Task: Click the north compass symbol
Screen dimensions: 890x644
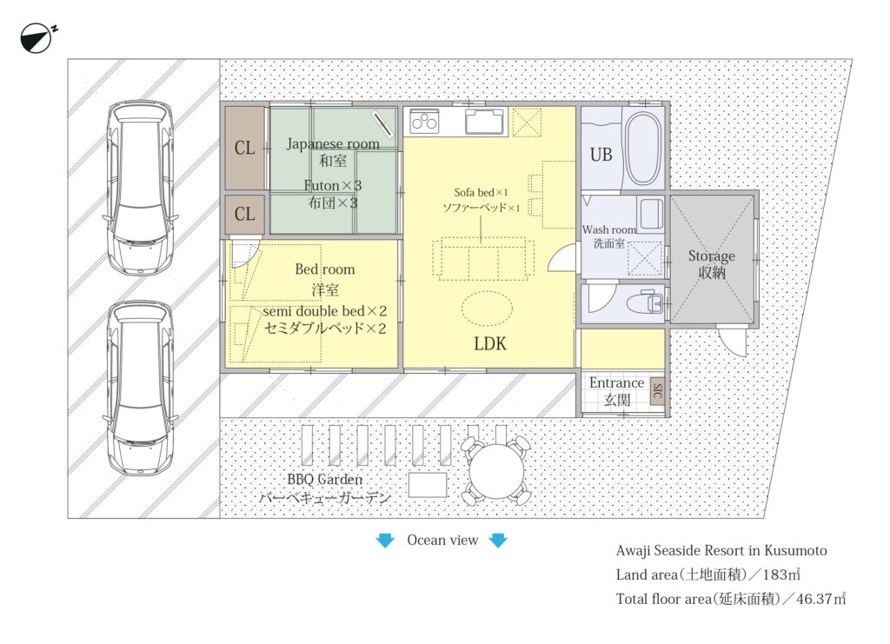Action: pos(36,38)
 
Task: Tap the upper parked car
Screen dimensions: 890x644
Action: pos(141,188)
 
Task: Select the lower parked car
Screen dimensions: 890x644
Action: pos(141,388)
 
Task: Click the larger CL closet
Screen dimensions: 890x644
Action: pos(245,148)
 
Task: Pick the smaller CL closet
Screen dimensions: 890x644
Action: pos(245,214)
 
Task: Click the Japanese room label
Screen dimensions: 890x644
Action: pos(333,144)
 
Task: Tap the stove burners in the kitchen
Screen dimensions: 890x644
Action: pos(424,122)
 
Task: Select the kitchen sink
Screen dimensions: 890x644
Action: pos(484,122)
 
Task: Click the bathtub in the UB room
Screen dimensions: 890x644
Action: pos(643,149)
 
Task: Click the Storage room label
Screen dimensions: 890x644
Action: pos(712,256)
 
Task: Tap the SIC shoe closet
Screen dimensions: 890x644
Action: pos(657,391)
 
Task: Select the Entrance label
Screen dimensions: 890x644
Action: pos(616,383)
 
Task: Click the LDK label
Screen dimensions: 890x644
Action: pos(490,344)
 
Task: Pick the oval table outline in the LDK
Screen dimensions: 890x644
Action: pos(487,309)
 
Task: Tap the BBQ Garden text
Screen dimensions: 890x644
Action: pos(325,480)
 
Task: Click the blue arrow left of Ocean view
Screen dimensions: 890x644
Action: pos(385,541)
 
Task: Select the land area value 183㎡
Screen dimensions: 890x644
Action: pos(781,574)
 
